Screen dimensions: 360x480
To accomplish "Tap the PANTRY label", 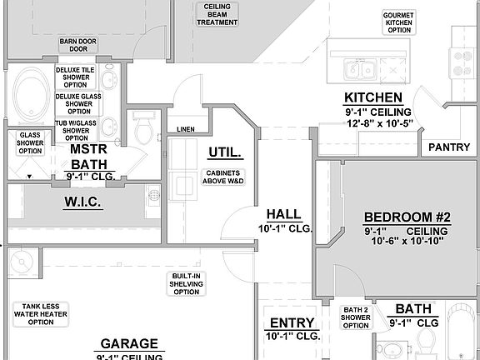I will (449, 147).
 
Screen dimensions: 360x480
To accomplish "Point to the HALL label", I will (284, 214).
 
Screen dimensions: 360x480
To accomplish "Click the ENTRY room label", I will (292, 323).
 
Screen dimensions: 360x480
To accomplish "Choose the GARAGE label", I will (129, 343).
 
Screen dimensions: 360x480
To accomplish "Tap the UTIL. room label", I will (224, 152).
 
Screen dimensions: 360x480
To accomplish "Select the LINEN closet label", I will (186, 129).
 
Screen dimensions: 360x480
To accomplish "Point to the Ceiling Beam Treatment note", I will (217, 14).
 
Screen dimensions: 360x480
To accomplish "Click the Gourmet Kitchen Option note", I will (399, 22).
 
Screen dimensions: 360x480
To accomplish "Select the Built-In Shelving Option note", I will (187, 283).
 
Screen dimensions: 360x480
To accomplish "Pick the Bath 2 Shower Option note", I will (356, 317).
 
